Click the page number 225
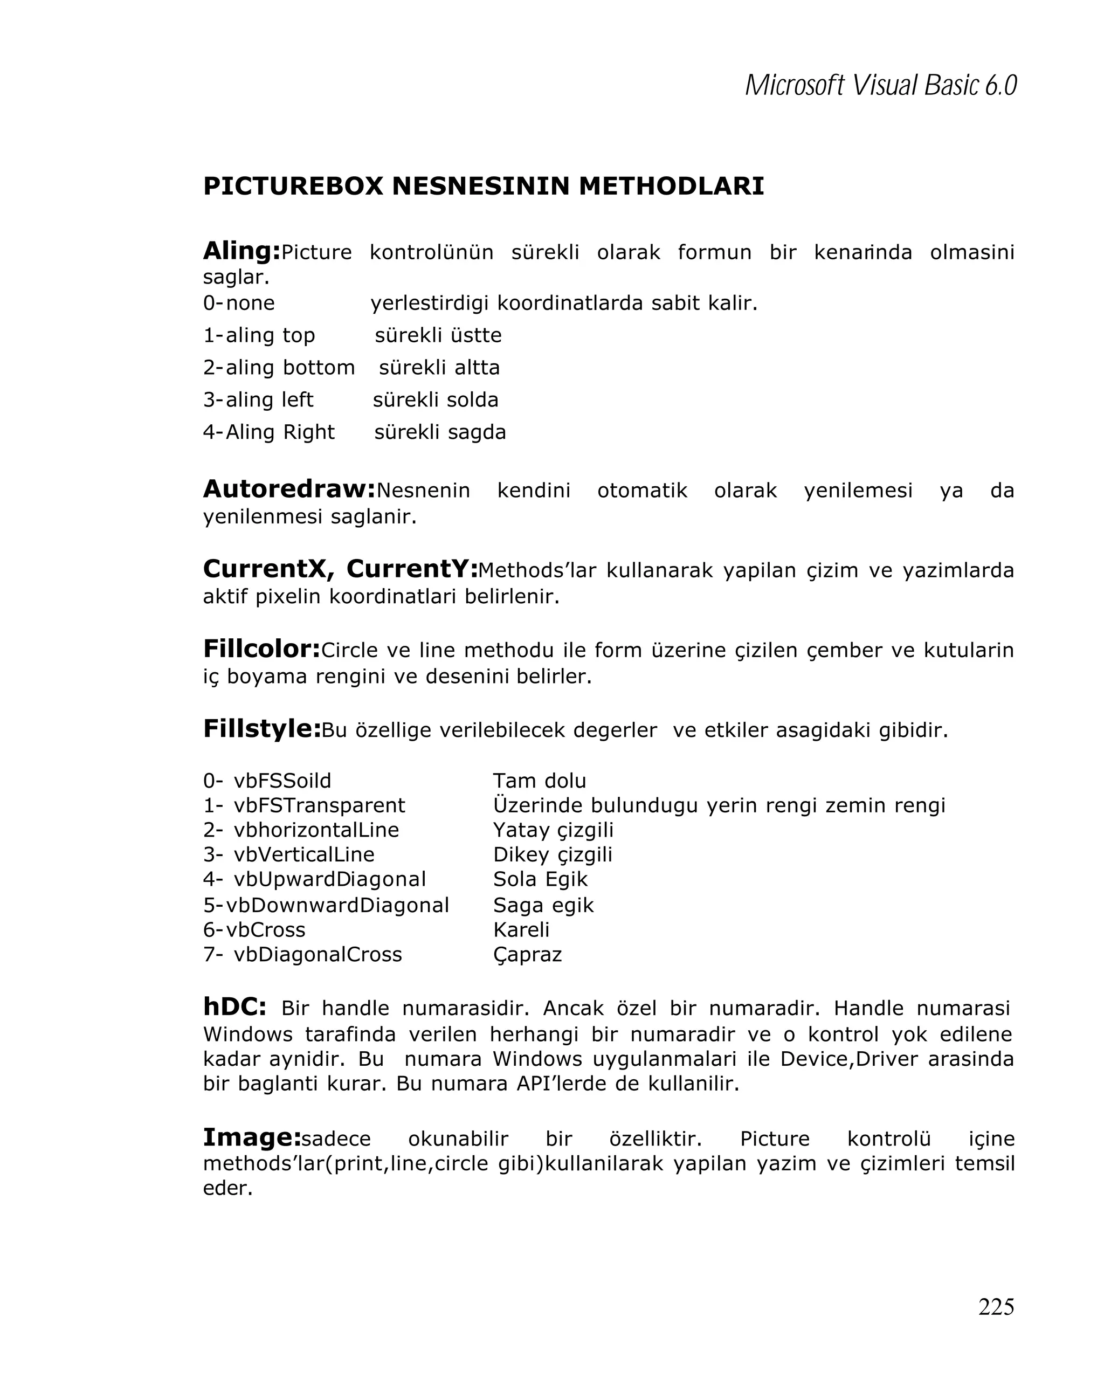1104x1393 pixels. tap(996, 1306)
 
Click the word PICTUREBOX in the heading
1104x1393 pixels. tap(293, 186)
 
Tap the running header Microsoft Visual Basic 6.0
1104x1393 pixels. tap(880, 85)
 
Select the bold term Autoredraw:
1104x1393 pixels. tap(289, 489)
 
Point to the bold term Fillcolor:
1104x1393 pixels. tap(261, 649)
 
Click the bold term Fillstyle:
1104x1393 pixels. tap(261, 729)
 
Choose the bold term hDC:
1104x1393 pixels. tap(234, 1006)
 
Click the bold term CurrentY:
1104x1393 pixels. tap(412, 569)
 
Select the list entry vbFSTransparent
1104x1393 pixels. tap(319, 805)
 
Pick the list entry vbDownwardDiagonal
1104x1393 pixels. tap(336, 905)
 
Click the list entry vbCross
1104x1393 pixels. tap(265, 929)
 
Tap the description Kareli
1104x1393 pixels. tap(521, 929)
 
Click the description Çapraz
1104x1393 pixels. tap(527, 954)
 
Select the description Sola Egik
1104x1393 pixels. tap(540, 879)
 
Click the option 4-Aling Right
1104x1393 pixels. tap(269, 432)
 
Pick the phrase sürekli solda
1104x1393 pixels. tap(436, 399)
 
